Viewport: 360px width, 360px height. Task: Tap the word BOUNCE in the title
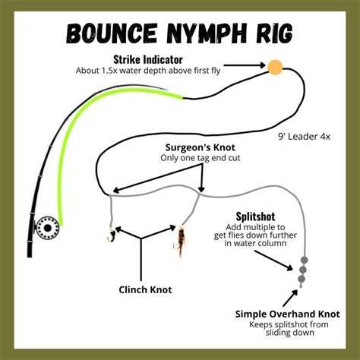115,33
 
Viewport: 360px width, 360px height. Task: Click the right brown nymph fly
184,239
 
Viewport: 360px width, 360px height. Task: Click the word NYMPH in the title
197,33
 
